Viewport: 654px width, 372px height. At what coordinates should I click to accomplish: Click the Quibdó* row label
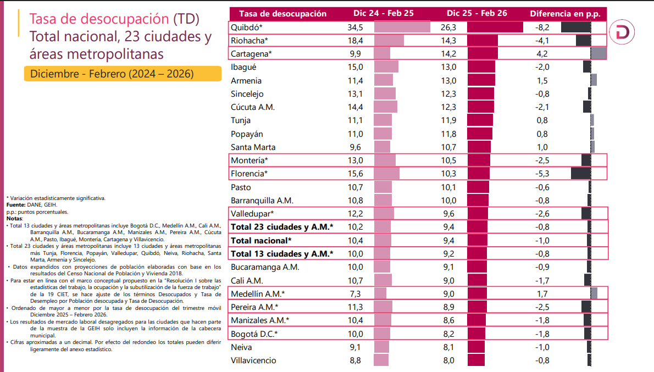click(247, 27)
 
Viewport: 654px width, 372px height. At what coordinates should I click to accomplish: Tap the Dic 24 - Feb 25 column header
click(384, 13)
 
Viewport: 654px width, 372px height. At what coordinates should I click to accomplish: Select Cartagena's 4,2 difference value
click(541, 53)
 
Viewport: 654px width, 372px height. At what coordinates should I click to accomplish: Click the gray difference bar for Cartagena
click(598, 53)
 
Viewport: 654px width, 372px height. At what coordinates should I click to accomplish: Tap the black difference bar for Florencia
click(581, 173)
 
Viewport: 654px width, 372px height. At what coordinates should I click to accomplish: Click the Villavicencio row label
click(253, 360)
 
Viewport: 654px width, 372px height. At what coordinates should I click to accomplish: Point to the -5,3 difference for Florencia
click(541, 173)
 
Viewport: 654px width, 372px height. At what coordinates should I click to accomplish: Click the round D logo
click(624, 32)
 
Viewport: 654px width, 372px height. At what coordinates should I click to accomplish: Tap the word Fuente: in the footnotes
click(16, 204)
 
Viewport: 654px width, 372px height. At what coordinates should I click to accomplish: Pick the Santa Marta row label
click(253, 147)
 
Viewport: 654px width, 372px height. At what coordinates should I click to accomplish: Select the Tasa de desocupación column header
click(282, 13)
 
